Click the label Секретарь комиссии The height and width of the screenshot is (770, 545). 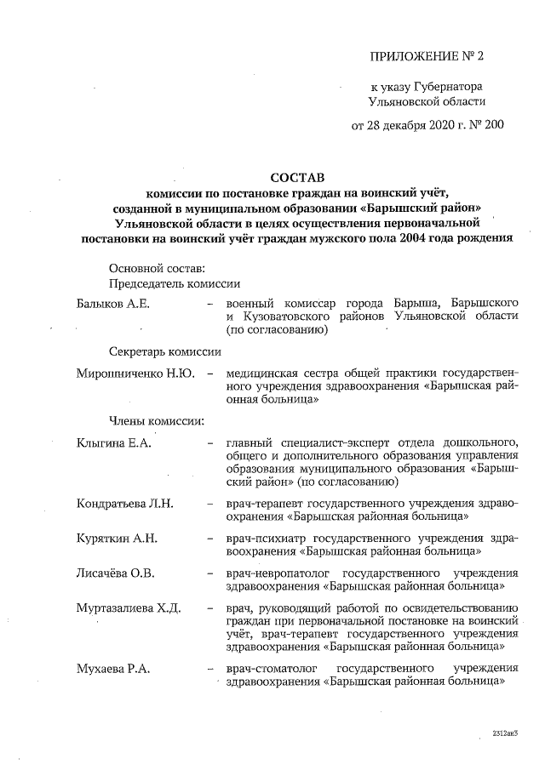[x=165, y=351]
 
